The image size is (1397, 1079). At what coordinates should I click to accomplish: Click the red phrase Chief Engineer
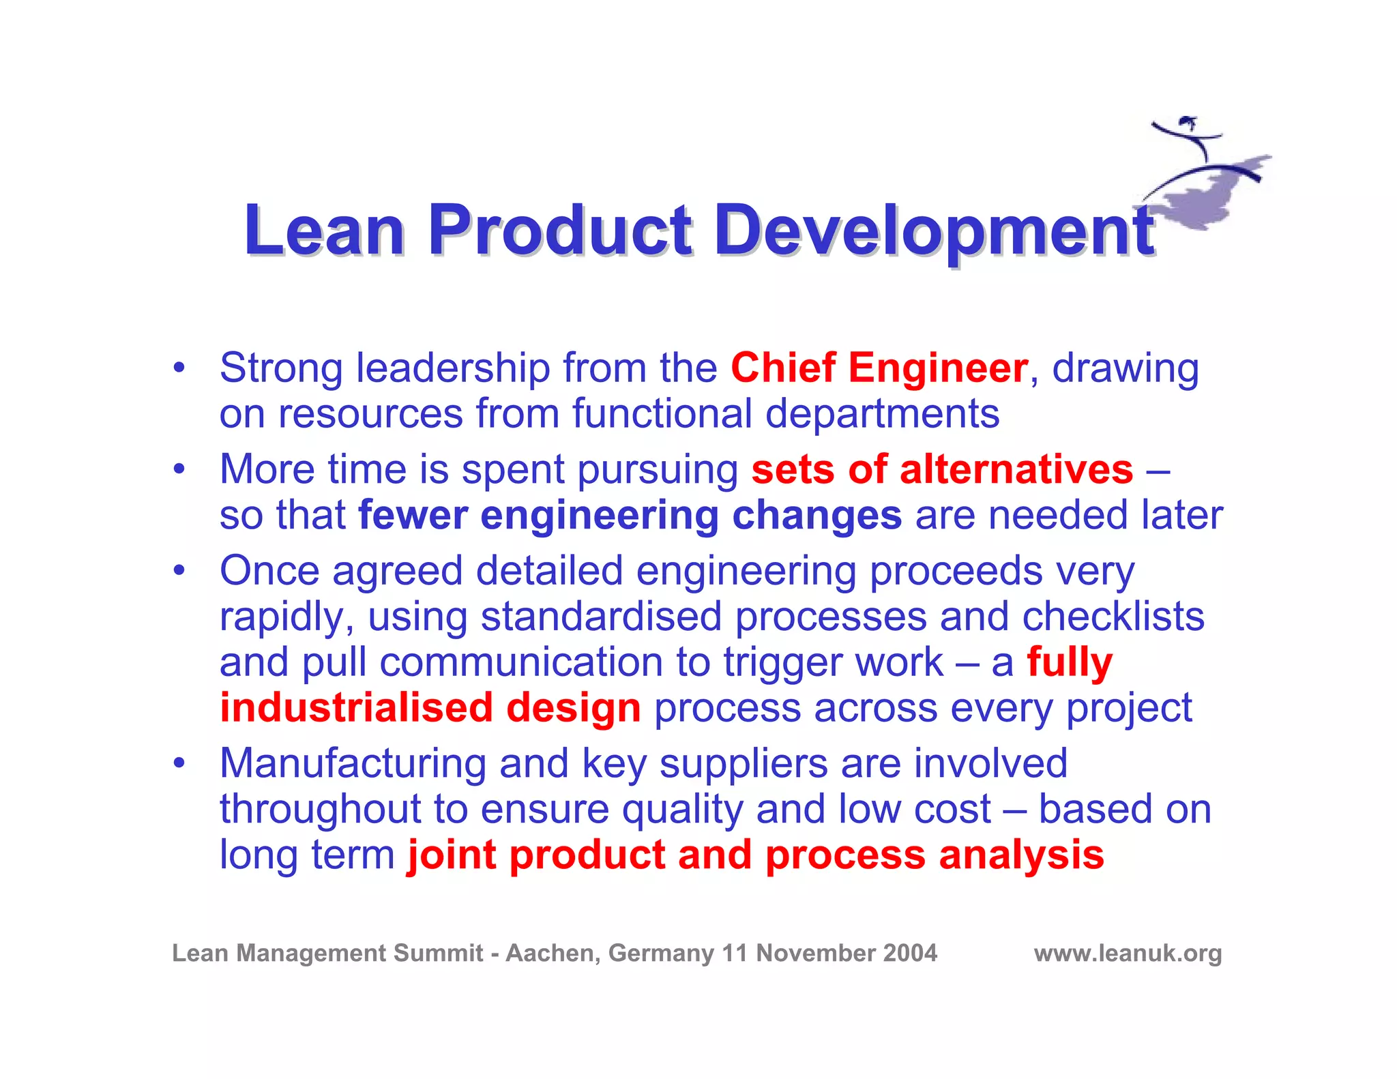point(879,368)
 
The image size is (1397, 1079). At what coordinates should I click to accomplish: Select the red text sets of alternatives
point(942,469)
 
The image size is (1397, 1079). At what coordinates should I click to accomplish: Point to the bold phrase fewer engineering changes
point(630,515)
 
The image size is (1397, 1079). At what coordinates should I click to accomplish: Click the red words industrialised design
point(430,707)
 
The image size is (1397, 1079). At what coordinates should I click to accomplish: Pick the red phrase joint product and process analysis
point(755,855)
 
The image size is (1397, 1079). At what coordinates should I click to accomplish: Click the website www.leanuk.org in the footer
point(1128,953)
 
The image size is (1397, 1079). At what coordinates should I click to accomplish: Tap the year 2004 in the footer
point(910,953)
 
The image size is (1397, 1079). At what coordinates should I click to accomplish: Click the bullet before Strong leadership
point(179,368)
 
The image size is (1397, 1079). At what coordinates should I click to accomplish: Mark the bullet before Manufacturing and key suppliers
point(179,763)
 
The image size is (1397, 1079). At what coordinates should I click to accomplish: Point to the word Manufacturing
point(353,763)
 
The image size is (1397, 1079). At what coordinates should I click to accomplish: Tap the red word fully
point(1070,663)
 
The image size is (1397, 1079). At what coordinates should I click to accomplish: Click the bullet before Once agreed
point(179,570)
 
